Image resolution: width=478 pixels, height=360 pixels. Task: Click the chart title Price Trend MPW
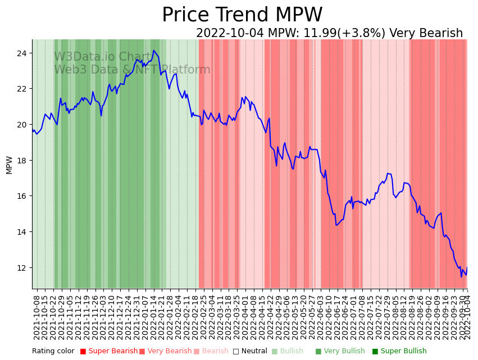click(242, 15)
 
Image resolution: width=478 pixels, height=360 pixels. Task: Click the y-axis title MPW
click(9, 165)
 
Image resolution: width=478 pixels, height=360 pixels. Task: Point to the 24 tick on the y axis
click(24, 53)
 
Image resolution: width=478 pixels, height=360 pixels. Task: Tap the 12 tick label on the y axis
click(24, 268)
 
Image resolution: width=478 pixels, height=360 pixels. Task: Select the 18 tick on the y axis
click(24, 161)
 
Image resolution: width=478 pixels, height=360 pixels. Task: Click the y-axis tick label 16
click(24, 196)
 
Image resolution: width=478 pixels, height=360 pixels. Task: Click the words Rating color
click(53, 352)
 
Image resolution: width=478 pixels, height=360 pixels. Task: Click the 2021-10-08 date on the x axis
click(37, 315)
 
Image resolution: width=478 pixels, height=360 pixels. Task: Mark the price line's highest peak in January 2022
click(153, 51)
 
